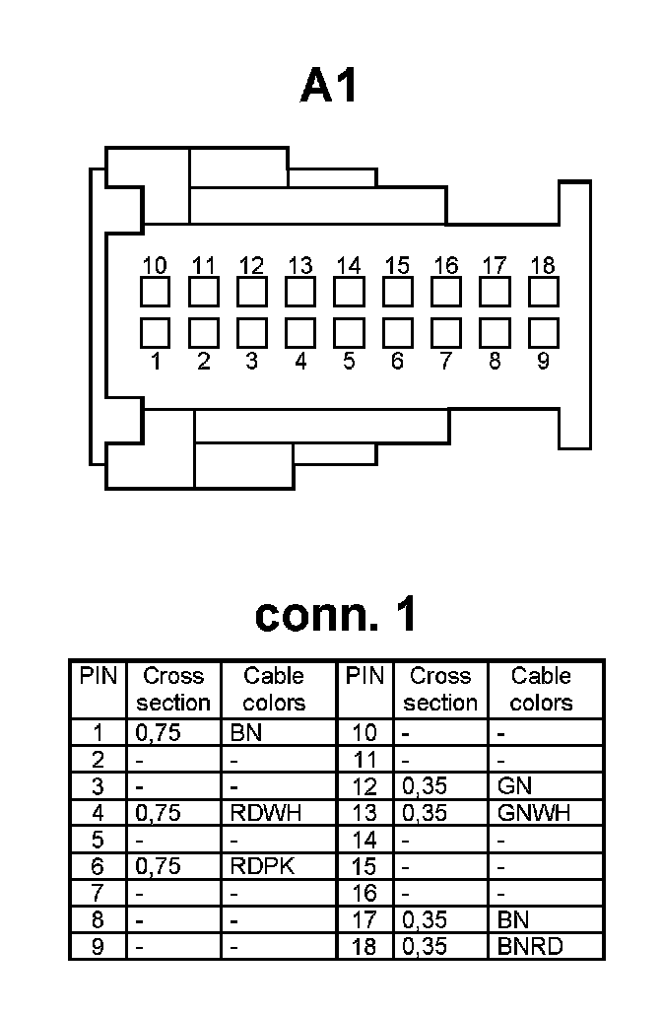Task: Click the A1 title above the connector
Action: pos(329,87)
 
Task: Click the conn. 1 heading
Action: pos(335,614)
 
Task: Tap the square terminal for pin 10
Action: pos(155,293)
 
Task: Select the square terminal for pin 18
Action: pos(543,293)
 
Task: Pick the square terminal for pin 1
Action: pos(155,332)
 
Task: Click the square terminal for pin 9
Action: pos(543,332)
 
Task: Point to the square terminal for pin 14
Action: pos(349,293)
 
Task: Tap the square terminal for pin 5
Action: pos(349,332)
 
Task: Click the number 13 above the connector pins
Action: pos(300,265)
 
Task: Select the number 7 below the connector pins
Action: pos(446,362)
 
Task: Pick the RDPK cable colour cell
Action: pos(262,866)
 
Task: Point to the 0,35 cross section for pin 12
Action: pos(425,786)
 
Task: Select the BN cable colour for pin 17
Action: pos(514,920)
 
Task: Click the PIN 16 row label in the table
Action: pos(364,894)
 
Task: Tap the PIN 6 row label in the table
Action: pos(98,866)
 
